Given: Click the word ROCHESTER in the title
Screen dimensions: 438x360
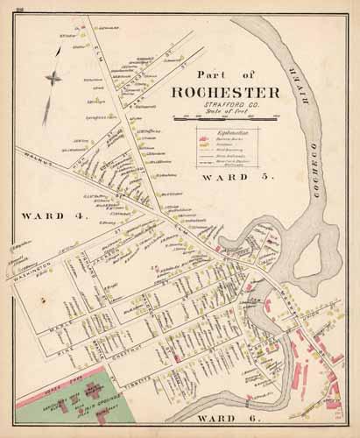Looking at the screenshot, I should pos(226,94).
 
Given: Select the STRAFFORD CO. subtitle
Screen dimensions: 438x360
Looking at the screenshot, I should pos(226,106).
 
